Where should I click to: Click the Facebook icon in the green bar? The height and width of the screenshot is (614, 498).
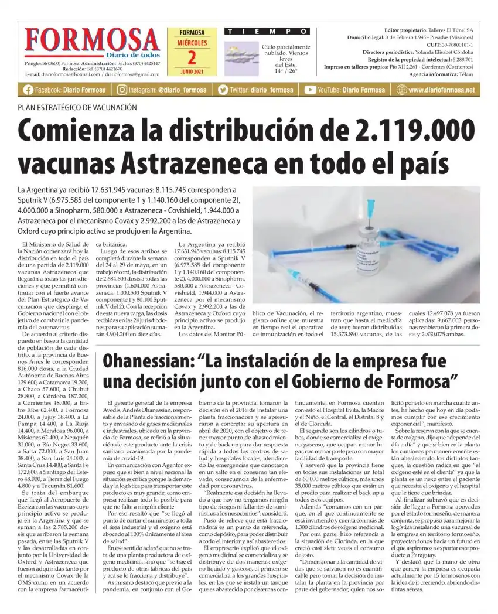(x=28, y=90)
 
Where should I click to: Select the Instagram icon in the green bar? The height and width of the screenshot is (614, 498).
(x=122, y=90)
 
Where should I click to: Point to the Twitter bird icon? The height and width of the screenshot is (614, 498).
(x=223, y=90)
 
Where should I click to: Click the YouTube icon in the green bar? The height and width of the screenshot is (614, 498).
(x=310, y=90)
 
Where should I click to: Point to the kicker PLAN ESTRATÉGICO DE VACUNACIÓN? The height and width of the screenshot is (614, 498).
(x=77, y=108)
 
